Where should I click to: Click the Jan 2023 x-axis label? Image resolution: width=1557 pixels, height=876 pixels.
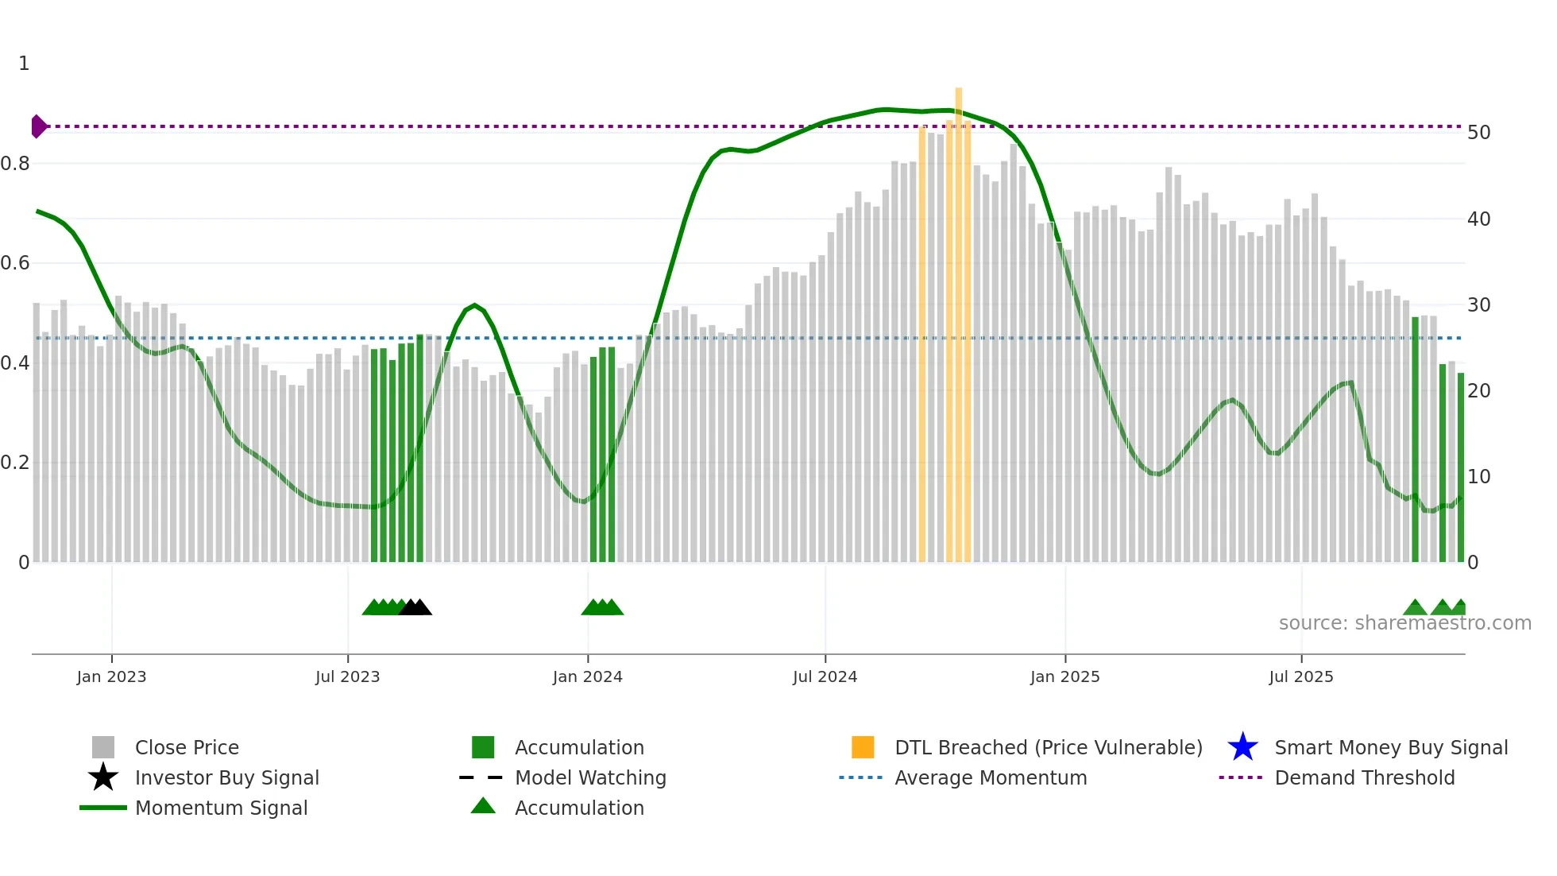(x=111, y=676)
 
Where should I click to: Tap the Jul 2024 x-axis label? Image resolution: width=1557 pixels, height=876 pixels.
(x=825, y=676)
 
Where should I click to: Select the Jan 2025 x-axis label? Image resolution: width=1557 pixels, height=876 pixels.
(x=1064, y=676)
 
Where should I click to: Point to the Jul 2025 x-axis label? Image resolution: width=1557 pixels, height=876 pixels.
(x=1300, y=676)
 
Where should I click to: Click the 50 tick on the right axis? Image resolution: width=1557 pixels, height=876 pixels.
(x=1478, y=133)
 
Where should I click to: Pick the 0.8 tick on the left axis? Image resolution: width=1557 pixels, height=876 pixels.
(x=15, y=164)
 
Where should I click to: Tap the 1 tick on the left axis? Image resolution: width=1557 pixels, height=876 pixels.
(x=24, y=64)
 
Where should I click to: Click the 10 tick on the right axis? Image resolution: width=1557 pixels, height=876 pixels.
(x=1478, y=477)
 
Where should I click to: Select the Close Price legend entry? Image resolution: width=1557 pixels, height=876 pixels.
(x=187, y=747)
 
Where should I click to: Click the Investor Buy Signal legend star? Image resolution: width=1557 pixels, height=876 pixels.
(x=103, y=777)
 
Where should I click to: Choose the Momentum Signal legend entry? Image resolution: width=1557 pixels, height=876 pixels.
(x=221, y=808)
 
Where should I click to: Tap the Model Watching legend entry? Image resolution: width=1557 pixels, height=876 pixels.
(x=590, y=777)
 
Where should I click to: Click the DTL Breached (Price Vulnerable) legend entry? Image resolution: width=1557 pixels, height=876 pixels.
(x=1048, y=747)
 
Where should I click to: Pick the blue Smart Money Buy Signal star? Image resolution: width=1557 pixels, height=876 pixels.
(x=1242, y=747)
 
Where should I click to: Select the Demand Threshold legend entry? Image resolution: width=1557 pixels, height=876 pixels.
(x=1364, y=777)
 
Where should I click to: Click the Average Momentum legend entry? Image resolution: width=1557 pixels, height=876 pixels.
(x=991, y=777)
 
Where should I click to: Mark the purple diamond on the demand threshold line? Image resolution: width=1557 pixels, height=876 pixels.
(x=38, y=126)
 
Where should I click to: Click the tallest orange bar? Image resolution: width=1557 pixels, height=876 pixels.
(x=959, y=318)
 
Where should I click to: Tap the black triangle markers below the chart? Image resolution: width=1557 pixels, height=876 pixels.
(x=415, y=607)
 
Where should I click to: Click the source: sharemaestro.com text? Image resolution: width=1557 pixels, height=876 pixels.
(x=1404, y=623)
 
